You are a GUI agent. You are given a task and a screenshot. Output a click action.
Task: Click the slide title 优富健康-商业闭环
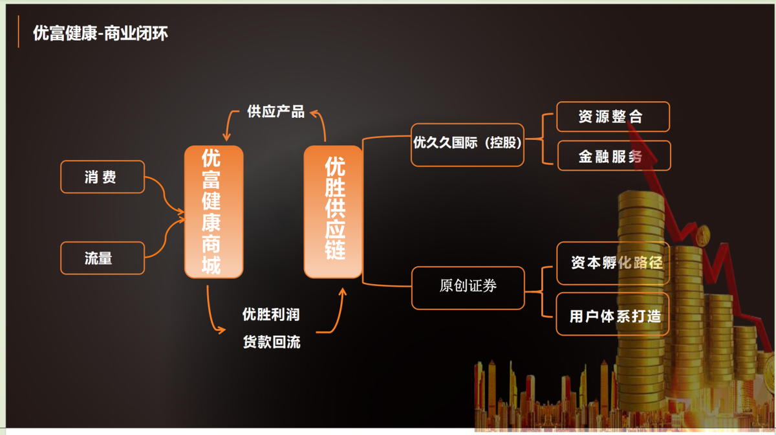[100, 33]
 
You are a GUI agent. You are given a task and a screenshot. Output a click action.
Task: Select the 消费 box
[102, 177]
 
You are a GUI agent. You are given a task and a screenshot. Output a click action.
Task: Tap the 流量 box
[102, 258]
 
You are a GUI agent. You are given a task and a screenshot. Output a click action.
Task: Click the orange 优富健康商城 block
[213, 212]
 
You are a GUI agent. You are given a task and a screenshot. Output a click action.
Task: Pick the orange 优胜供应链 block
[333, 212]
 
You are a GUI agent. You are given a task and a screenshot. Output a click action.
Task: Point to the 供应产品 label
[275, 111]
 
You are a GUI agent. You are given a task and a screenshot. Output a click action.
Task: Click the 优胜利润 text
[271, 315]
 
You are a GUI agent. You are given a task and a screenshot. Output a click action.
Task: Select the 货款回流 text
[271, 342]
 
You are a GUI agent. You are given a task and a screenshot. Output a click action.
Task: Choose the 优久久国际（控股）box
[468, 144]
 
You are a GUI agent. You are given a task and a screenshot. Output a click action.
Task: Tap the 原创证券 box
[468, 286]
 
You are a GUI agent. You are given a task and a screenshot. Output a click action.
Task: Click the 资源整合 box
[612, 117]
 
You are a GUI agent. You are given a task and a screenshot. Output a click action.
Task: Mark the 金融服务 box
[612, 156]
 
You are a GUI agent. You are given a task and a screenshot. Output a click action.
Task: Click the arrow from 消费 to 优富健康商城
[165, 194]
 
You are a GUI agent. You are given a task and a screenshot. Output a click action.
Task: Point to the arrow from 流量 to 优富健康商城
[165, 240]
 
